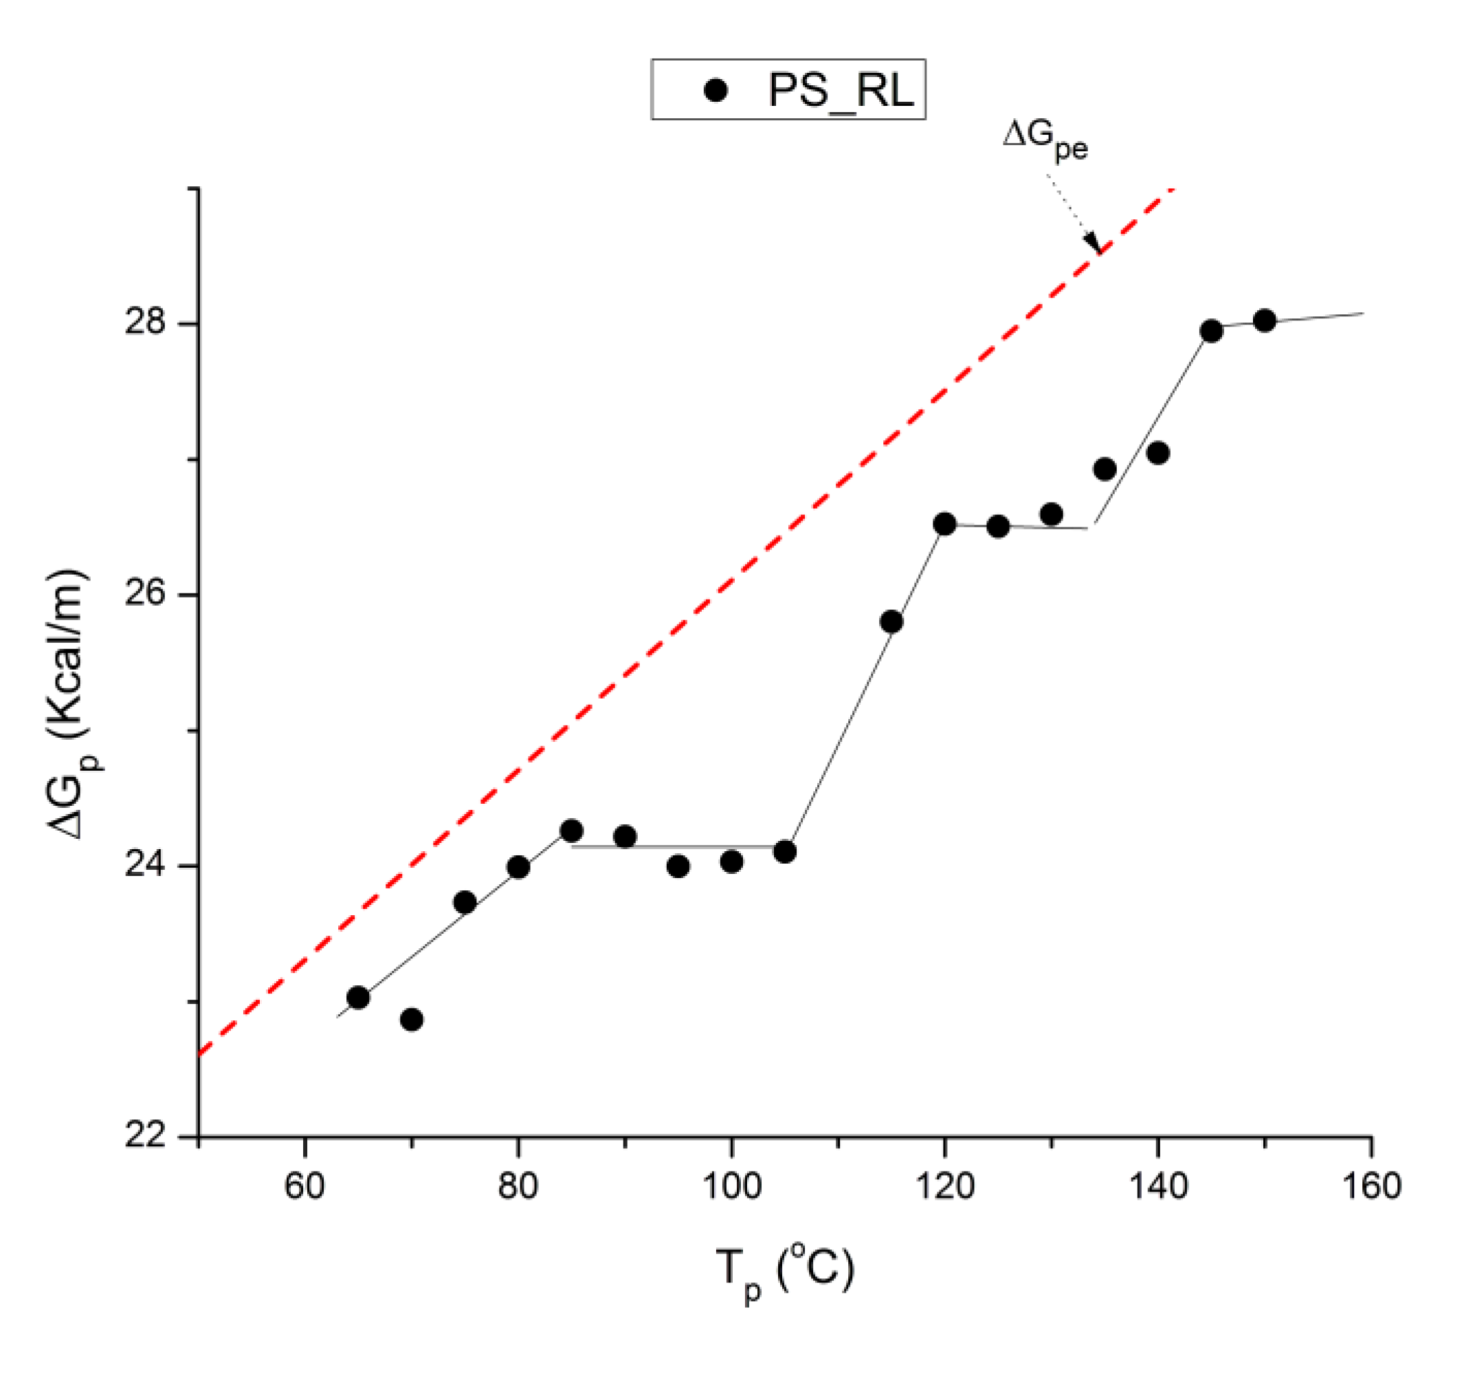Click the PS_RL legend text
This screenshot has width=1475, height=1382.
point(840,91)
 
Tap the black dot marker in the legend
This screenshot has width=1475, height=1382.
point(716,91)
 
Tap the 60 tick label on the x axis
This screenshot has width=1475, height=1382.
point(304,1186)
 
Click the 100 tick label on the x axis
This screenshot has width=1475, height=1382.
point(731,1186)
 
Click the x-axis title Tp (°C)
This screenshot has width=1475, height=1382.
point(785,1270)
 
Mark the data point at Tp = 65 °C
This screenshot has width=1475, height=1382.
point(358,998)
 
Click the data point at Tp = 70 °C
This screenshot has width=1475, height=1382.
point(412,1020)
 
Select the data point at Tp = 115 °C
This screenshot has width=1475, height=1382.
point(891,622)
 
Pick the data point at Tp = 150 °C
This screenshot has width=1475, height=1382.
point(1264,320)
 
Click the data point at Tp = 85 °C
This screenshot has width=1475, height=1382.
point(571,831)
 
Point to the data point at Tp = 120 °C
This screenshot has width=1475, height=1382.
point(944,524)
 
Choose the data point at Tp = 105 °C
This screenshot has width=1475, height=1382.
point(784,852)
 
